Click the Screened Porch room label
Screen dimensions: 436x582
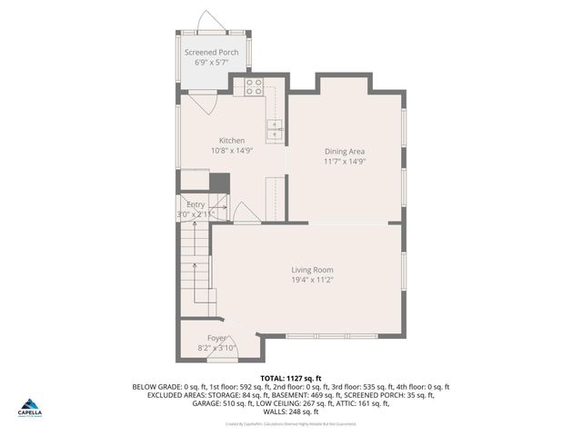212,53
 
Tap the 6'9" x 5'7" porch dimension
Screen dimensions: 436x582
212,64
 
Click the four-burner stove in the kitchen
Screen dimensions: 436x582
254,87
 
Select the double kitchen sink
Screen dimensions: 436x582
274,133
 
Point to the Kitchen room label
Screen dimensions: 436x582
231,140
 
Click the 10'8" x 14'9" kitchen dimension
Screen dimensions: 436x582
231,151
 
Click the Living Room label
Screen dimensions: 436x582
312,270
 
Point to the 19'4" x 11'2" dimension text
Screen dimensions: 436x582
312,281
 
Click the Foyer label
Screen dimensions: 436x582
216,338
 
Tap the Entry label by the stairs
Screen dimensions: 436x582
196,204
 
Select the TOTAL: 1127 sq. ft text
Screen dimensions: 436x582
290,377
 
